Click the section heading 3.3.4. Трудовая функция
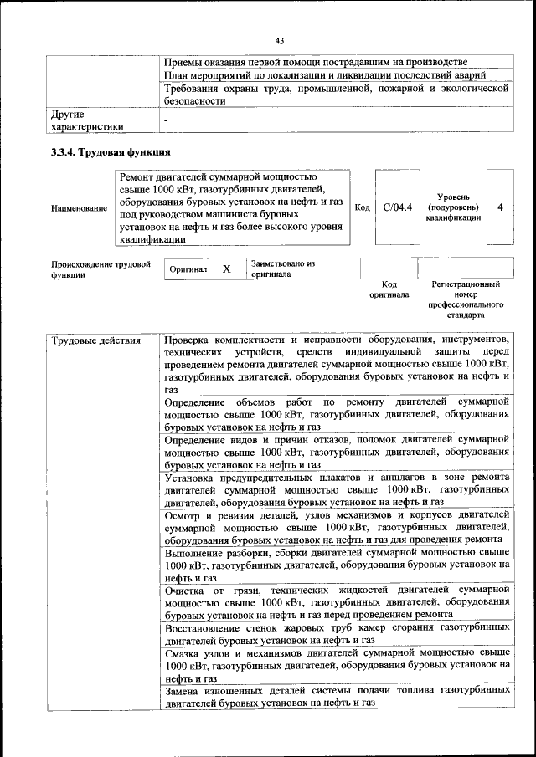point(111,152)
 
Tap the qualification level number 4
point(500,207)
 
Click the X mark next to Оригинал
point(226,269)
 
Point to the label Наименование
point(79,207)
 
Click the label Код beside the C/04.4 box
point(363,207)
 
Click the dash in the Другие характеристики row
point(167,120)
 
